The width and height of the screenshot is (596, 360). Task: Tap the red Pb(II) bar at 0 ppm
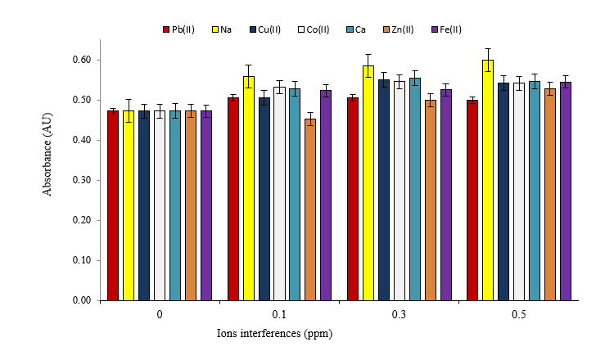click(113, 205)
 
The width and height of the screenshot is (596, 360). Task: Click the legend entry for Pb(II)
click(178, 29)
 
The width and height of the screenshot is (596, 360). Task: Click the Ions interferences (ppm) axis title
click(275, 334)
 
